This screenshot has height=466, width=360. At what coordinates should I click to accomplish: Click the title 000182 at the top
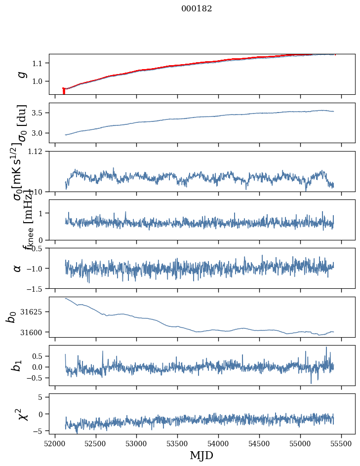point(197,9)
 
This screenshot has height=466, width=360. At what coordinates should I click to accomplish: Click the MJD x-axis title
point(201,455)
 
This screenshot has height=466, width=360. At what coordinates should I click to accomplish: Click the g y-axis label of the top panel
point(21,74)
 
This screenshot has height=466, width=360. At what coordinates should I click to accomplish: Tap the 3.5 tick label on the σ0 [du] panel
point(40,113)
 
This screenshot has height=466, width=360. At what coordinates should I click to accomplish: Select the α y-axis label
point(18,268)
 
